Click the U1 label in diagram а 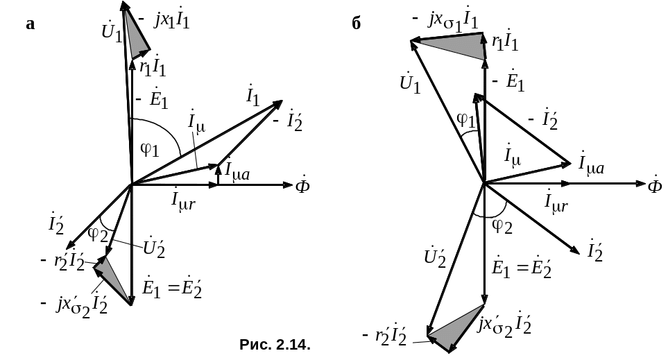pos(111,31)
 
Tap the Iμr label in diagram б pos(558,203)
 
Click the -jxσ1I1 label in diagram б pos(443,22)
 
